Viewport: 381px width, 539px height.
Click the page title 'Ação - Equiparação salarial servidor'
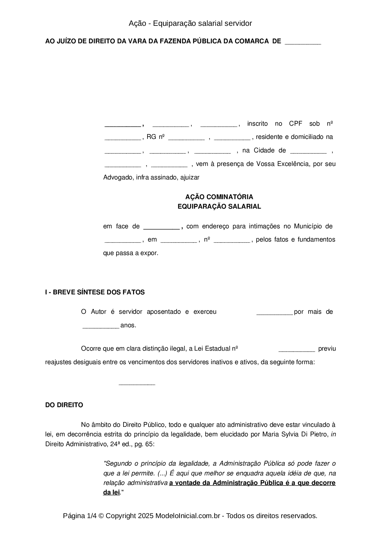190,23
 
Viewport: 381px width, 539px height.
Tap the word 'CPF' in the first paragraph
296,124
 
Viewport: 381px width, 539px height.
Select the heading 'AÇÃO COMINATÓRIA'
219,197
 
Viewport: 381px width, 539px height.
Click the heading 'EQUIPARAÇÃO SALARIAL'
219,207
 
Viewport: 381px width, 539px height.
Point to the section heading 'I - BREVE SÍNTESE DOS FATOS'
95,292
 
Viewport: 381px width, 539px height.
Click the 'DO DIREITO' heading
64,405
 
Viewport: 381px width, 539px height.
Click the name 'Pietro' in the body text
320,435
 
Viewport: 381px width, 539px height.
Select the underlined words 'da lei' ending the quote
111,492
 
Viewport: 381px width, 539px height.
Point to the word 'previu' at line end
327,349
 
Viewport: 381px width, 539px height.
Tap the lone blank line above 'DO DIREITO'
137,384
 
